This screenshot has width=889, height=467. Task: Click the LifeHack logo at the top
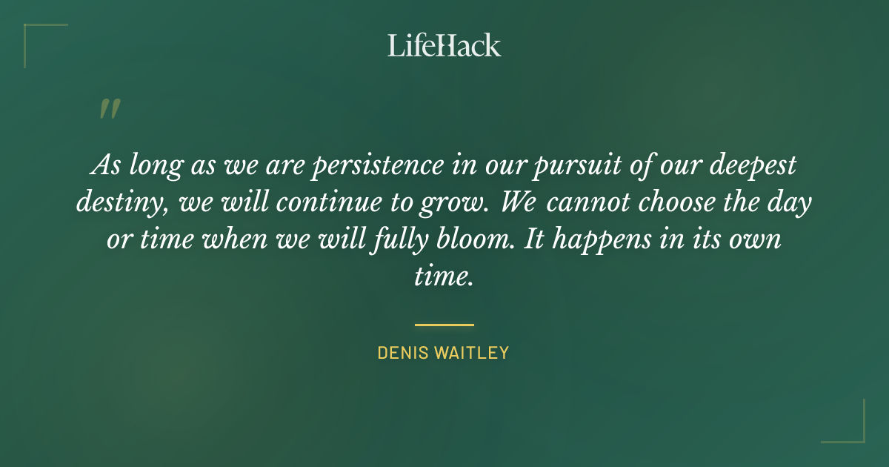point(444,45)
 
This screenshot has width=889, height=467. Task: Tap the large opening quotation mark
point(109,110)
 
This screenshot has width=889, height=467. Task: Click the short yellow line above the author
point(444,325)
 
